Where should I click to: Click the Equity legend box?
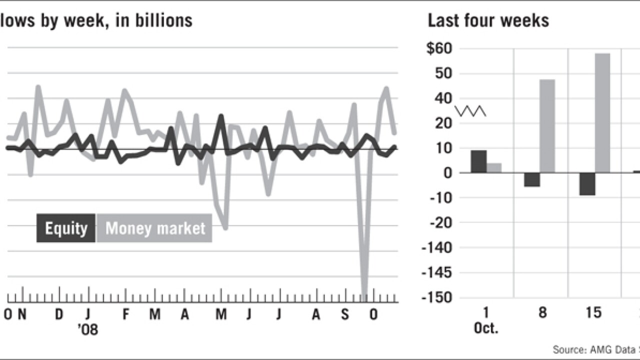[x=66, y=228]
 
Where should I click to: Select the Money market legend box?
[x=154, y=228]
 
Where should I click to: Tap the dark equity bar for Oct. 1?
[x=478, y=161]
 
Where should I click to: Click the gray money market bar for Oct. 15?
[x=602, y=113]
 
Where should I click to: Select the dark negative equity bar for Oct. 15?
[x=587, y=184]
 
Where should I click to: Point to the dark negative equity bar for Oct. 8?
[x=532, y=179]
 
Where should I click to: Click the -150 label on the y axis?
[x=436, y=297]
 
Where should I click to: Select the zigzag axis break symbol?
[x=470, y=110]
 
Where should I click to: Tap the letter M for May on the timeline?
[x=221, y=314]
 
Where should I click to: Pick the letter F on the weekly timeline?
[x=126, y=314]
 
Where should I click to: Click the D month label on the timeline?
[x=59, y=314]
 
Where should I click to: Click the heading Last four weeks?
[x=488, y=20]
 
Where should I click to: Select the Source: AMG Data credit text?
[x=595, y=349]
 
